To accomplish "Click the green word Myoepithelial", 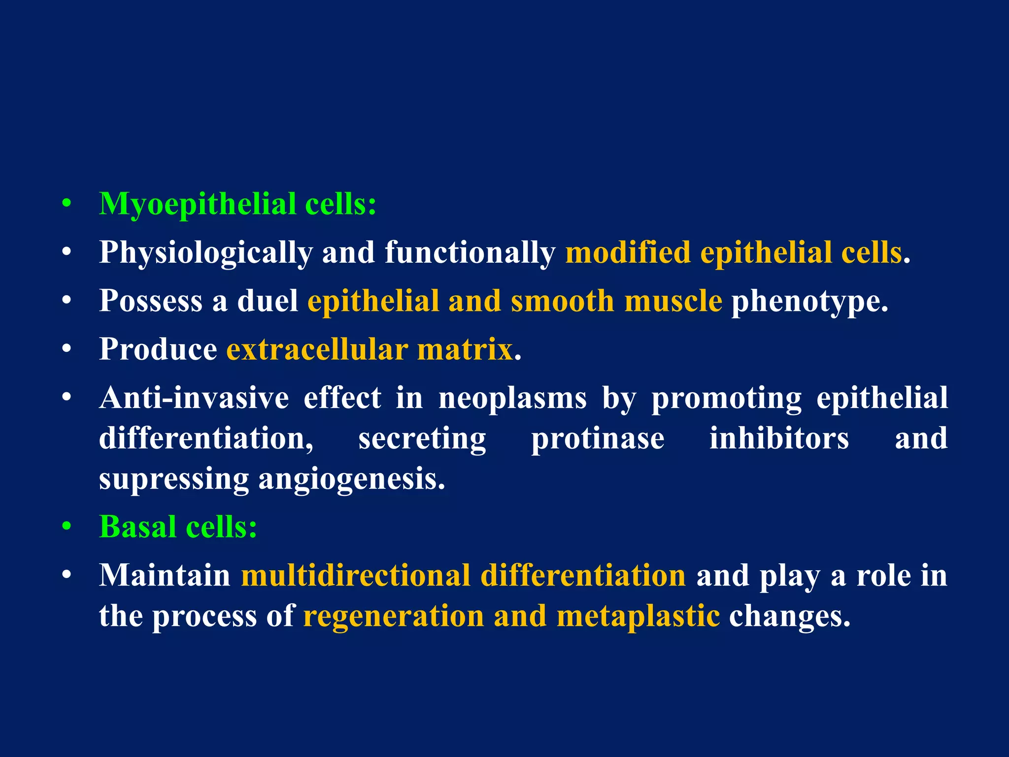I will click(x=197, y=204).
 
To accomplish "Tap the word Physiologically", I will click(x=205, y=253).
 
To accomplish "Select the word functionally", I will click(x=470, y=253).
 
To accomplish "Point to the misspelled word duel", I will click(x=268, y=301).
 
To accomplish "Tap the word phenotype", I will click(x=809, y=302).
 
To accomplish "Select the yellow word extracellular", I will click(x=317, y=349).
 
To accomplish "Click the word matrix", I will click(x=465, y=349).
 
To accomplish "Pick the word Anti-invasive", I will click(x=194, y=398).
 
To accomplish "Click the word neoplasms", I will click(x=512, y=398).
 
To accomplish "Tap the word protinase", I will click(x=598, y=438).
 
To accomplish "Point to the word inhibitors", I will click(x=779, y=438).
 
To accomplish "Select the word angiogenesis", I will click(x=351, y=479).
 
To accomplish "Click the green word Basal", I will click(x=137, y=526).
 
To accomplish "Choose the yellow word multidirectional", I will click(x=355, y=575).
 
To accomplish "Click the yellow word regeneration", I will click(x=394, y=616).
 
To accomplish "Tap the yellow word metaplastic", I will click(x=638, y=616).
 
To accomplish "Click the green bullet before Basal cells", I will click(x=67, y=526).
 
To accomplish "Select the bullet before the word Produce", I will click(x=67, y=349).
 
